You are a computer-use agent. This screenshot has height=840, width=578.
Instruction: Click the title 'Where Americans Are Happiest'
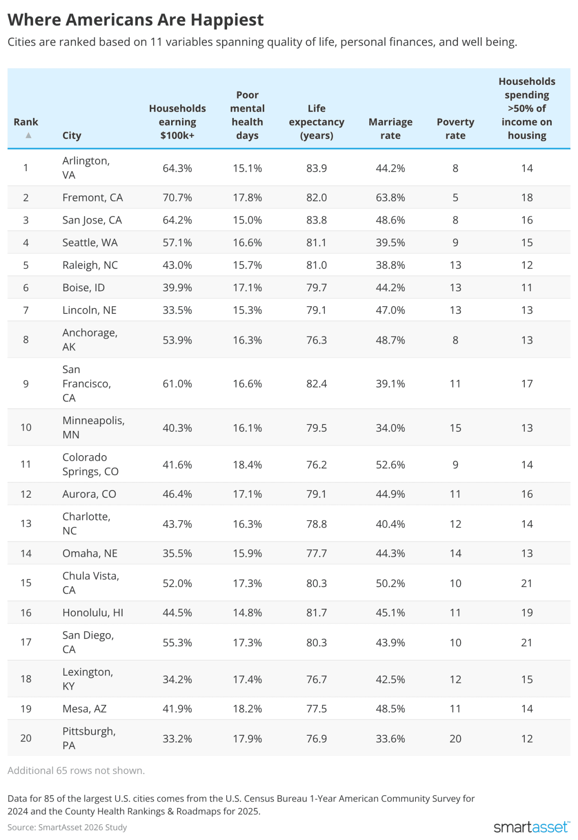[x=135, y=20]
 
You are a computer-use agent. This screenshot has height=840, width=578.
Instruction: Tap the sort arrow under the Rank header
[x=28, y=135]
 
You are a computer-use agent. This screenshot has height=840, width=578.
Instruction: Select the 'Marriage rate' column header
[x=390, y=129]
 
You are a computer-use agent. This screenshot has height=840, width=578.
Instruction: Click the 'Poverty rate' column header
[x=455, y=129]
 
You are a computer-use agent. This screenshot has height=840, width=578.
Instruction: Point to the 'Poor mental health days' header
[x=247, y=115]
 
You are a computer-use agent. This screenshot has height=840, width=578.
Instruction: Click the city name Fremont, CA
[x=93, y=197]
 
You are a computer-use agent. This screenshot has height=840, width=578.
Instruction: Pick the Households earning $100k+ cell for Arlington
[x=177, y=168]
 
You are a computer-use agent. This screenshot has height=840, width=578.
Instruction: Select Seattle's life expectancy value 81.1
[x=316, y=243]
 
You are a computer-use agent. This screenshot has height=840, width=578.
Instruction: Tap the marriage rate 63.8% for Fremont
[x=390, y=197]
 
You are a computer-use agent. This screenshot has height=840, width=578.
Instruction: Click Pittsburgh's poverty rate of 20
[x=455, y=738]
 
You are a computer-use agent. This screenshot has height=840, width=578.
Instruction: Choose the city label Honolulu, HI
[x=93, y=612]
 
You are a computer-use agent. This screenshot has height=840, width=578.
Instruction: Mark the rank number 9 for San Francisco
[x=26, y=384]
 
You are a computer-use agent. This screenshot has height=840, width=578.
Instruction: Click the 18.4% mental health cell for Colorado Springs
[x=247, y=465]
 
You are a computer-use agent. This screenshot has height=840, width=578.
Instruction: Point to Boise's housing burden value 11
[x=527, y=288]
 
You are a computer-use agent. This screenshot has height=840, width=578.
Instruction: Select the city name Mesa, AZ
[x=84, y=709]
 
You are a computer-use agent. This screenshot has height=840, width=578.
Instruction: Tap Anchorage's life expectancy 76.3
[x=316, y=340]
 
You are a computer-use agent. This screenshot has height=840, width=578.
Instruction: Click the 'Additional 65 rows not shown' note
[x=76, y=770]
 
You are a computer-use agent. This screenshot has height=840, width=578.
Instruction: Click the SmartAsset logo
[x=531, y=827]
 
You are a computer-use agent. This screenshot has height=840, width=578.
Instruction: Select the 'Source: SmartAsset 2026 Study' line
[x=67, y=827]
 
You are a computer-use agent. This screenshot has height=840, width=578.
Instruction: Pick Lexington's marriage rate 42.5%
[x=390, y=679]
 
